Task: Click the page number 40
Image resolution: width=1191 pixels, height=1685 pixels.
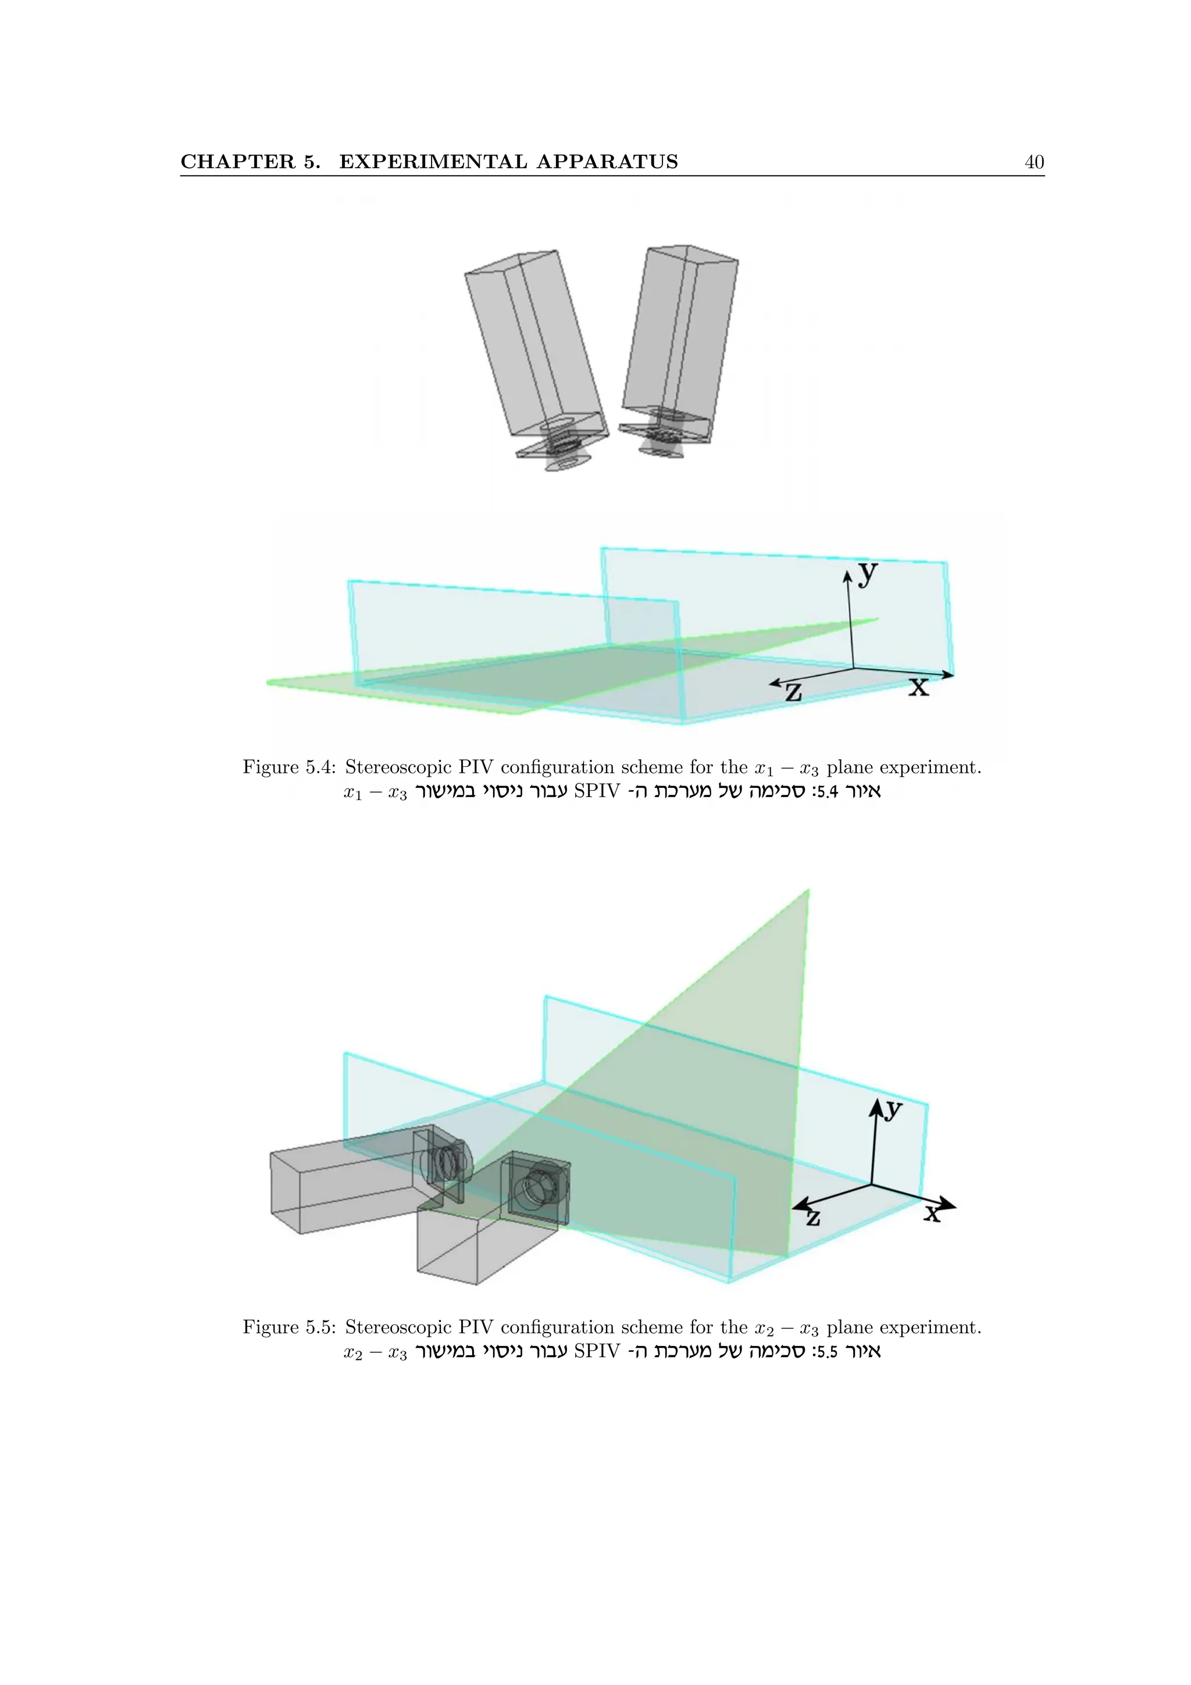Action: pyautogui.click(x=1033, y=162)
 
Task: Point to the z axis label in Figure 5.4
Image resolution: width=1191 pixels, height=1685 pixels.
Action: pyautogui.click(x=793, y=691)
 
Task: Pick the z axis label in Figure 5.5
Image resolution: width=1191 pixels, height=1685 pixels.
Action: pyautogui.click(x=812, y=1218)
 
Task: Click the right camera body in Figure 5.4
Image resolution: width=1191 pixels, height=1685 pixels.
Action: pyautogui.click(x=679, y=330)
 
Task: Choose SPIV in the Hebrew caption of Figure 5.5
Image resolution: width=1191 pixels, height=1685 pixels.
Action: pyautogui.click(x=597, y=1351)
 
